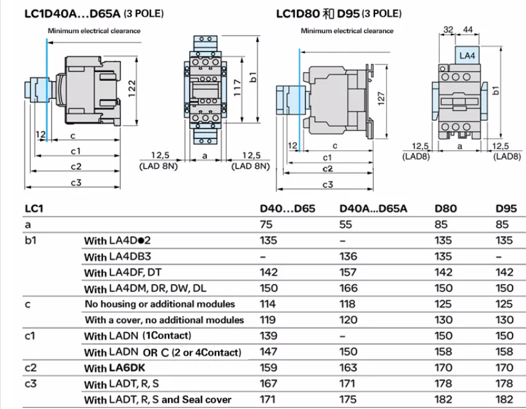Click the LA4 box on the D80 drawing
[467, 55]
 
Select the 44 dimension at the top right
[467, 29]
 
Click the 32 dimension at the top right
[448, 29]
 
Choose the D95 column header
[506, 209]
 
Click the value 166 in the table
[349, 288]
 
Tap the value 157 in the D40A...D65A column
[349, 272]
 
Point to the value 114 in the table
[269, 304]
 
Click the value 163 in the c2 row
[349, 368]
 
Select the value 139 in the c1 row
[269, 336]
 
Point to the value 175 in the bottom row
[349, 400]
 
